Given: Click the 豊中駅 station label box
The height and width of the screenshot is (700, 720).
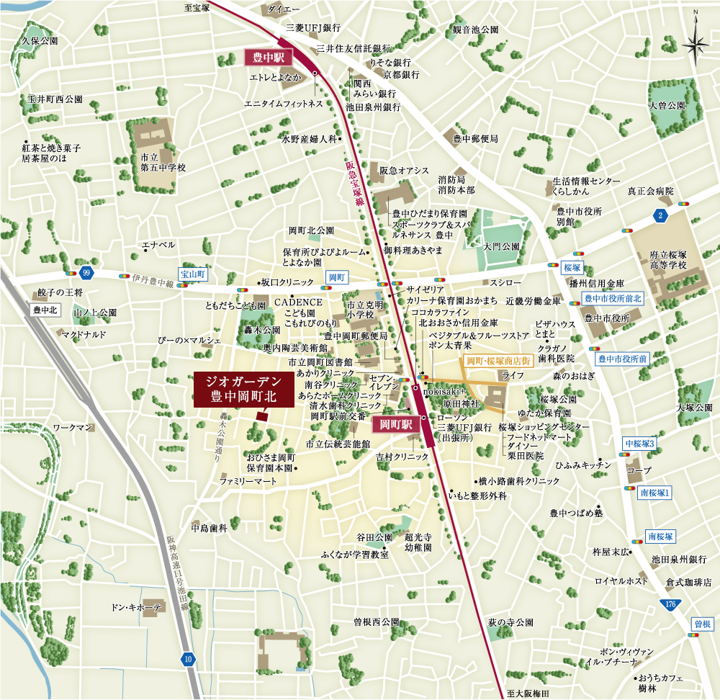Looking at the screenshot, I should point(267,56).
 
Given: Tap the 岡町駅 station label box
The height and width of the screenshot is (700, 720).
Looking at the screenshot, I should point(395,425).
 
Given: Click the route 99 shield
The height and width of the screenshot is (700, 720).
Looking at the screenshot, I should point(87,272).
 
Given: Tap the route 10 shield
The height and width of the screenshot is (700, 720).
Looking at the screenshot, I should point(188,658).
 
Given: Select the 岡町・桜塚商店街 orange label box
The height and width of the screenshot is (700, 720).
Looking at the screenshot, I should point(499,361).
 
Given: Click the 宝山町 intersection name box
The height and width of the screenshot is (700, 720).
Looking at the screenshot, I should point(194,274).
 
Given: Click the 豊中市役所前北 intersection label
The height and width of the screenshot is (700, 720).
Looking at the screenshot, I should point(611,297).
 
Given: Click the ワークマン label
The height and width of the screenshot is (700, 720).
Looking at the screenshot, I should point(73,428).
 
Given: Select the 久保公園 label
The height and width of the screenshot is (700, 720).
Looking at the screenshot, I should point(40,42).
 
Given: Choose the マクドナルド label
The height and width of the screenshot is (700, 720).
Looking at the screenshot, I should point(84,335).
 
